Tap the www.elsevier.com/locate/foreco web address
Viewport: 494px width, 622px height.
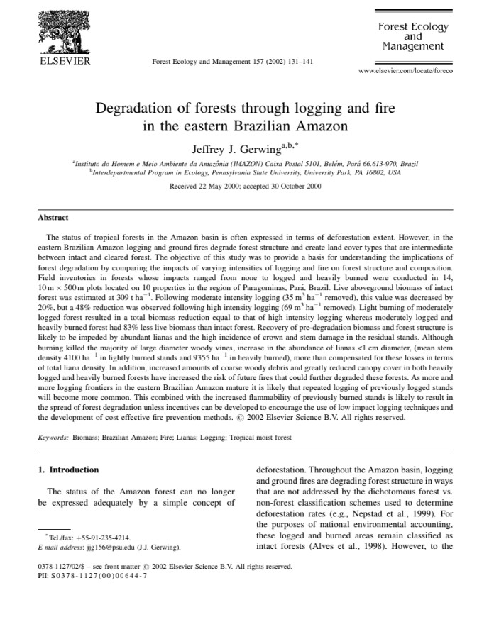click(x=405, y=71)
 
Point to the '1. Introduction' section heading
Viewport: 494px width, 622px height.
click(x=68, y=470)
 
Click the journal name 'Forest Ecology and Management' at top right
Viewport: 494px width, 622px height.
click(x=412, y=36)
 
